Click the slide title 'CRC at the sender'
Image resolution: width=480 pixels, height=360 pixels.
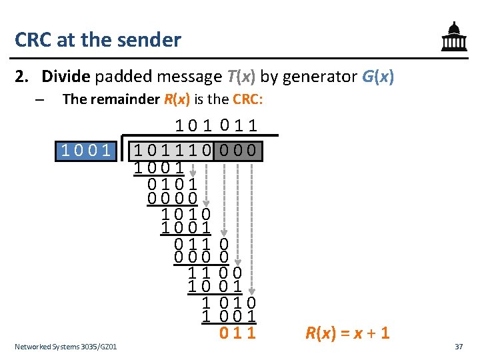click(98, 39)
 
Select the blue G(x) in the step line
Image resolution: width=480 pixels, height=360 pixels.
click(377, 77)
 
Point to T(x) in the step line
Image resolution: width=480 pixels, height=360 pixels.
click(241, 77)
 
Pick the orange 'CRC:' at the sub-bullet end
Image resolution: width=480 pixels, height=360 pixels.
click(247, 100)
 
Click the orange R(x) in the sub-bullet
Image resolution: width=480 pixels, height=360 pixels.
click(177, 100)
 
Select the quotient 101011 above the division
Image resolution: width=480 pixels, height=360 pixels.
click(217, 125)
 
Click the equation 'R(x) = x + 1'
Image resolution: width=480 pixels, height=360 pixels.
click(347, 333)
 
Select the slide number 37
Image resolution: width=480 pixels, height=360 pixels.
click(458, 347)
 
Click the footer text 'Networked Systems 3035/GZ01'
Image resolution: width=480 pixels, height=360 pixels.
click(65, 347)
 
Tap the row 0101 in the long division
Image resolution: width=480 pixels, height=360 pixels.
click(172, 183)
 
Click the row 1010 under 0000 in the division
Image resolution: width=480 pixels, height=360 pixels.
click(186, 214)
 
